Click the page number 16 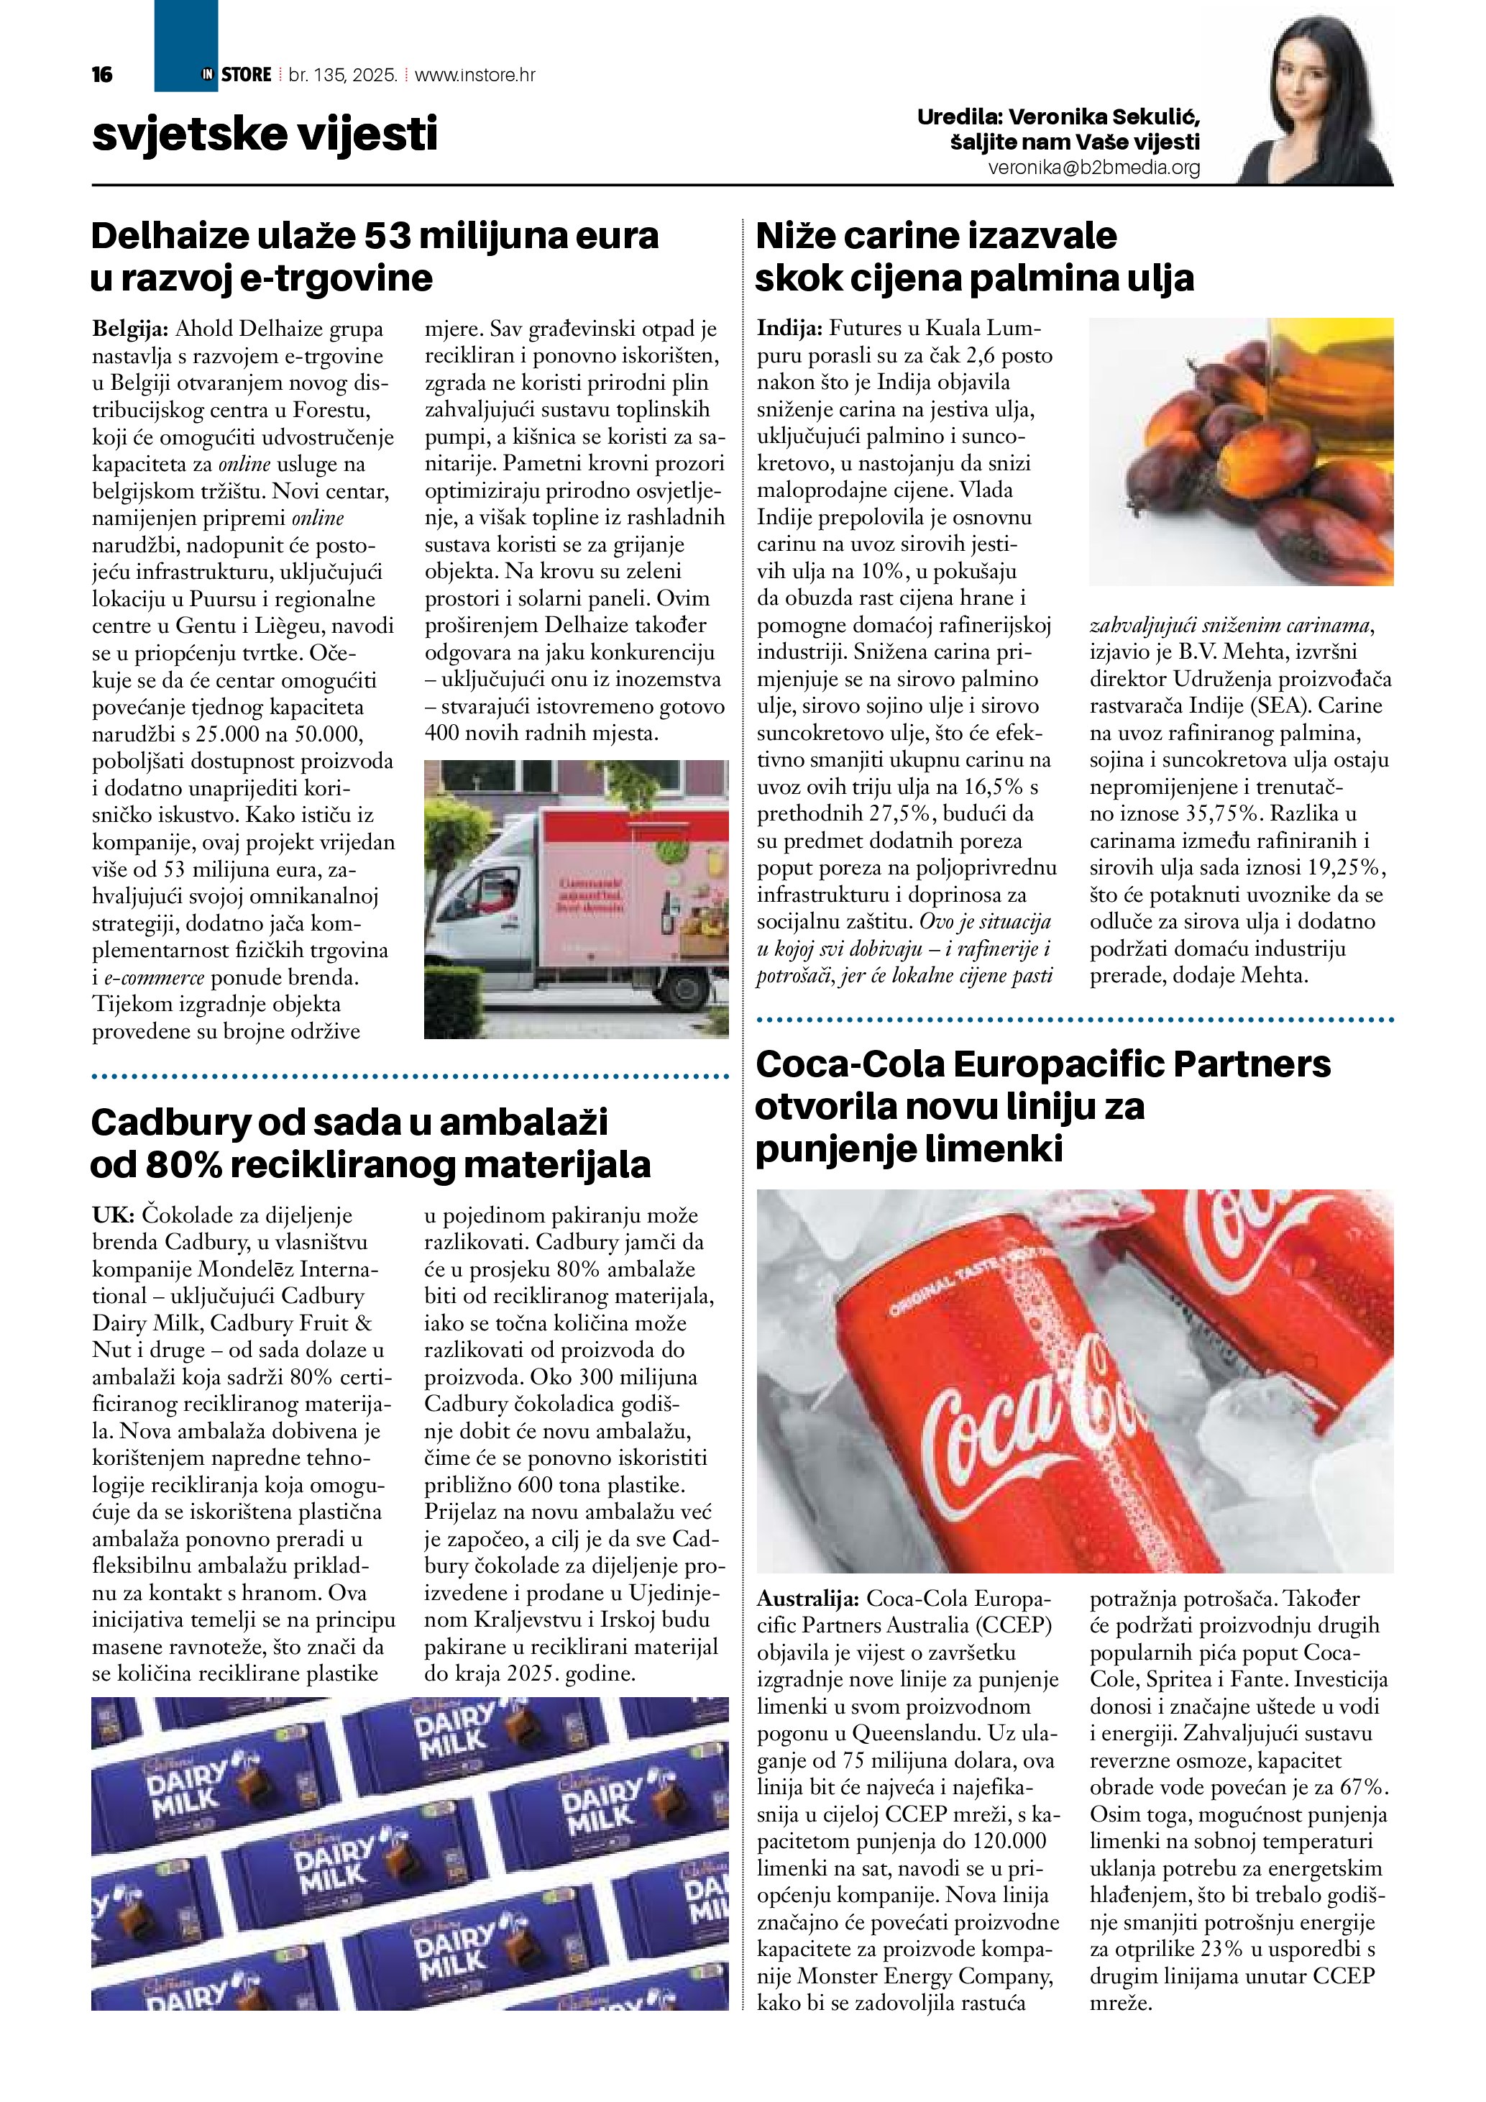tap(101, 75)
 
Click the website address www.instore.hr tap(475, 75)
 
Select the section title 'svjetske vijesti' tap(265, 134)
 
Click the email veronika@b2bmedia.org tap(1093, 168)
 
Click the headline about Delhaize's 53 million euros tap(375, 256)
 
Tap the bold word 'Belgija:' tap(130, 329)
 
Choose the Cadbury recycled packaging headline tap(370, 1143)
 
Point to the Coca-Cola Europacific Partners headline tap(1042, 1106)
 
